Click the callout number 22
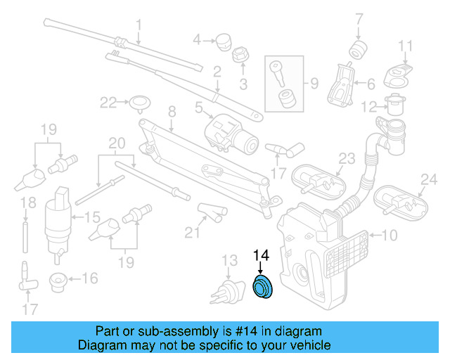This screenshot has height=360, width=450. [107, 103]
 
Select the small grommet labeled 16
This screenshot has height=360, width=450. [58, 282]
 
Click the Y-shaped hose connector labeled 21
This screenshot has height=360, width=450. [210, 210]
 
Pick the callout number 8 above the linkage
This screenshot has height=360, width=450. [171, 110]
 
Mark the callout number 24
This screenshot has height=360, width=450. [424, 179]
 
